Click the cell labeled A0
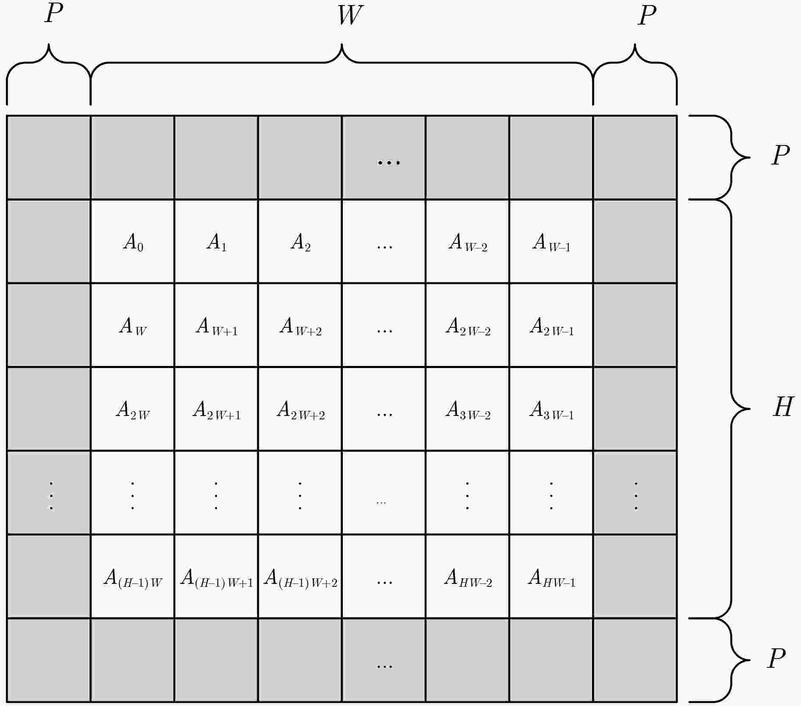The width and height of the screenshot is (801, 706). pos(133,241)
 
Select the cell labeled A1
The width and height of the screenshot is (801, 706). pos(216,241)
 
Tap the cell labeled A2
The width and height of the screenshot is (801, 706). pos(300,241)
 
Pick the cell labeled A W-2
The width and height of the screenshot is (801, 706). pos(467,241)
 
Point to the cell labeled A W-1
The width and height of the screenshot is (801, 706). pos(551,241)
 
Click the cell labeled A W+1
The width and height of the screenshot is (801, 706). pos(216,325)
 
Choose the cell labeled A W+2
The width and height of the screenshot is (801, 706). pos(300,325)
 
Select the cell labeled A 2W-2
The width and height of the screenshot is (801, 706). pos(467,325)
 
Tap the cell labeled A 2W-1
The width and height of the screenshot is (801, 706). pos(551,325)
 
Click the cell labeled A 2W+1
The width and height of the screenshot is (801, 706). pos(216,409)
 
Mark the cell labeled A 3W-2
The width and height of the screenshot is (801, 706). pos(467,409)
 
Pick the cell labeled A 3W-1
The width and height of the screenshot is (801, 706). pos(551,409)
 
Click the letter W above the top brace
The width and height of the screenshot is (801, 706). pos(350,15)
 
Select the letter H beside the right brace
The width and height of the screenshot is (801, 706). pos(782,407)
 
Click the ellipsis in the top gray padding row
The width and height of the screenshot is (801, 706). pos(389,162)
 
